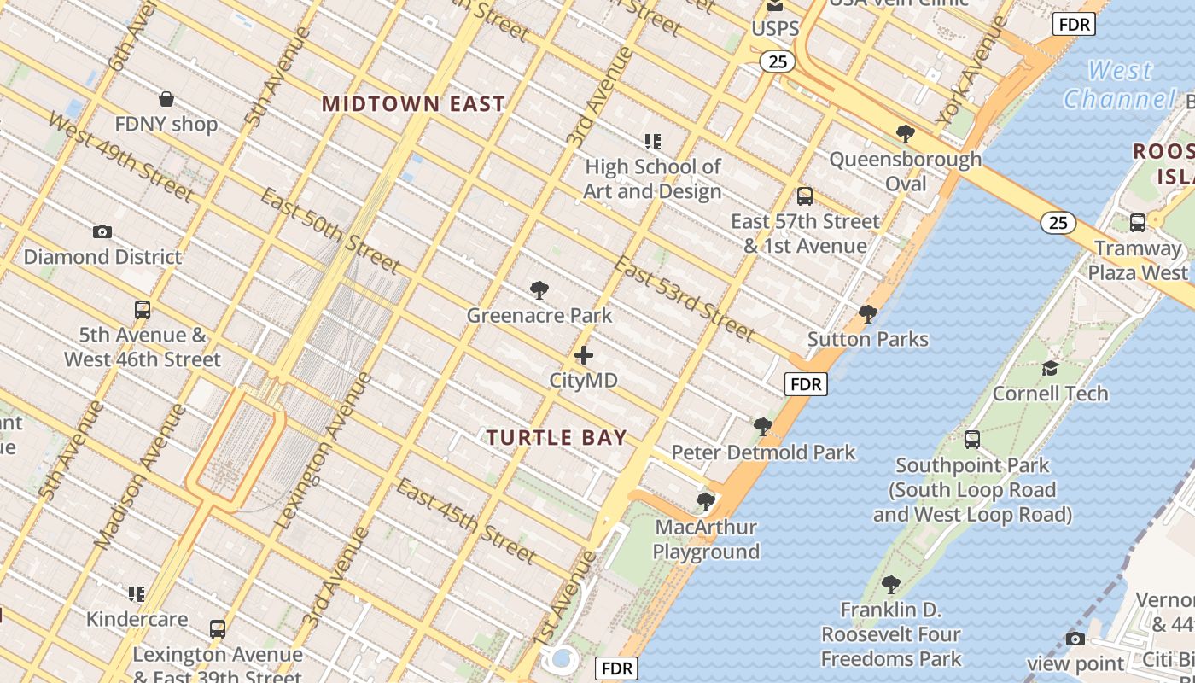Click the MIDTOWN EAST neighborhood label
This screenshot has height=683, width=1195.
pyautogui.click(x=413, y=104)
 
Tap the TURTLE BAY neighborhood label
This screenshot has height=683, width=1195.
pyautogui.click(x=557, y=438)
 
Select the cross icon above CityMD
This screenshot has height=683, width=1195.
pyautogui.click(x=584, y=355)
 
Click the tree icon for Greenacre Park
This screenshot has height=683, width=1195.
pyautogui.click(x=539, y=290)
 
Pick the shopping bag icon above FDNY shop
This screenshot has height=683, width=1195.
pyautogui.click(x=166, y=99)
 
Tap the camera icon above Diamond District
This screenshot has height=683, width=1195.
pyautogui.click(x=102, y=231)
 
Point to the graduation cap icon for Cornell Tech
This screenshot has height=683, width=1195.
pyautogui.click(x=1050, y=368)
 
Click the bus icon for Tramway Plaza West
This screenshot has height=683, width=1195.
pyautogui.click(x=1137, y=223)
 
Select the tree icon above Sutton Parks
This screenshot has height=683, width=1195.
pyautogui.click(x=868, y=314)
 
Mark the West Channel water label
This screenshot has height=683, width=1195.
pyautogui.click(x=1120, y=85)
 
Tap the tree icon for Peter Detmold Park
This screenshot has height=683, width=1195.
pyautogui.click(x=763, y=426)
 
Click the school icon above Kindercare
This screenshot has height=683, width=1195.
pyautogui.click(x=137, y=593)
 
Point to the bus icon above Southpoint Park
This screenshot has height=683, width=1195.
pyautogui.click(x=971, y=440)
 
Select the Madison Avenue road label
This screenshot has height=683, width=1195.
pyautogui.click(x=140, y=475)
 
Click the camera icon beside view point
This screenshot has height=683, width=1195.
pyautogui.click(x=1075, y=639)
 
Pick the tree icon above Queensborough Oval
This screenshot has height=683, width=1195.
pyautogui.click(x=906, y=133)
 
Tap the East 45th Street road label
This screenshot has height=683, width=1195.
pyautogui.click(x=466, y=521)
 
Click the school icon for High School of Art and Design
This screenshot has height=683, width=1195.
pyautogui.click(x=653, y=141)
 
